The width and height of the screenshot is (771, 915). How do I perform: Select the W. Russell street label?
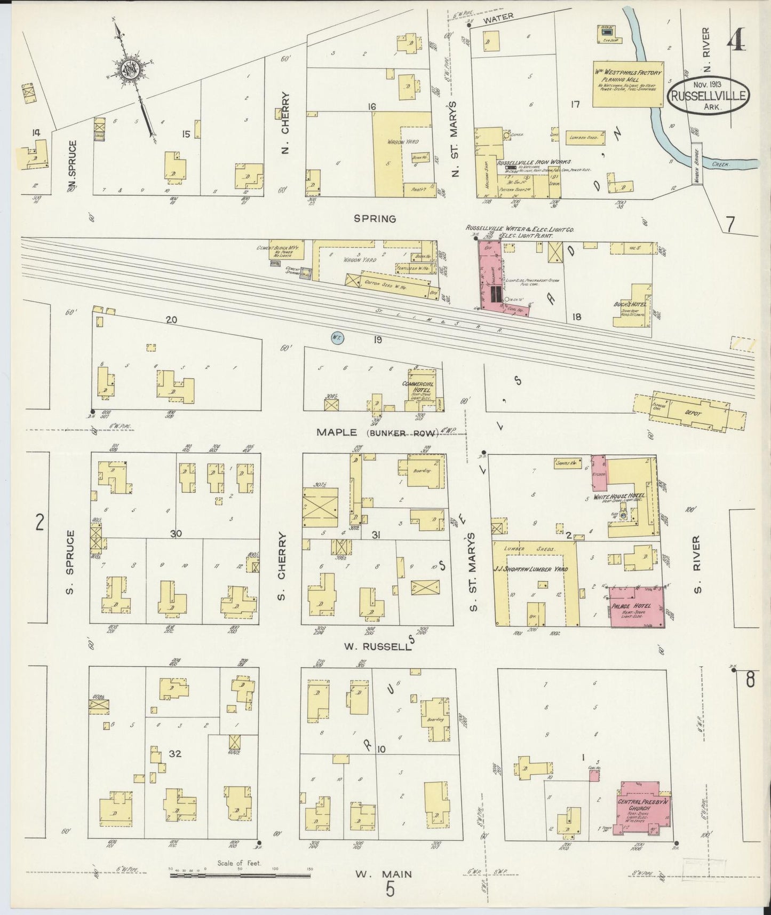tap(377, 647)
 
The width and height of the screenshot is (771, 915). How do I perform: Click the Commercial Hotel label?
tap(421, 387)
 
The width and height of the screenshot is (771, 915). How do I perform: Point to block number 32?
tap(176, 753)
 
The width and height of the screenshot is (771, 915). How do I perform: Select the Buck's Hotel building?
tap(634, 306)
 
